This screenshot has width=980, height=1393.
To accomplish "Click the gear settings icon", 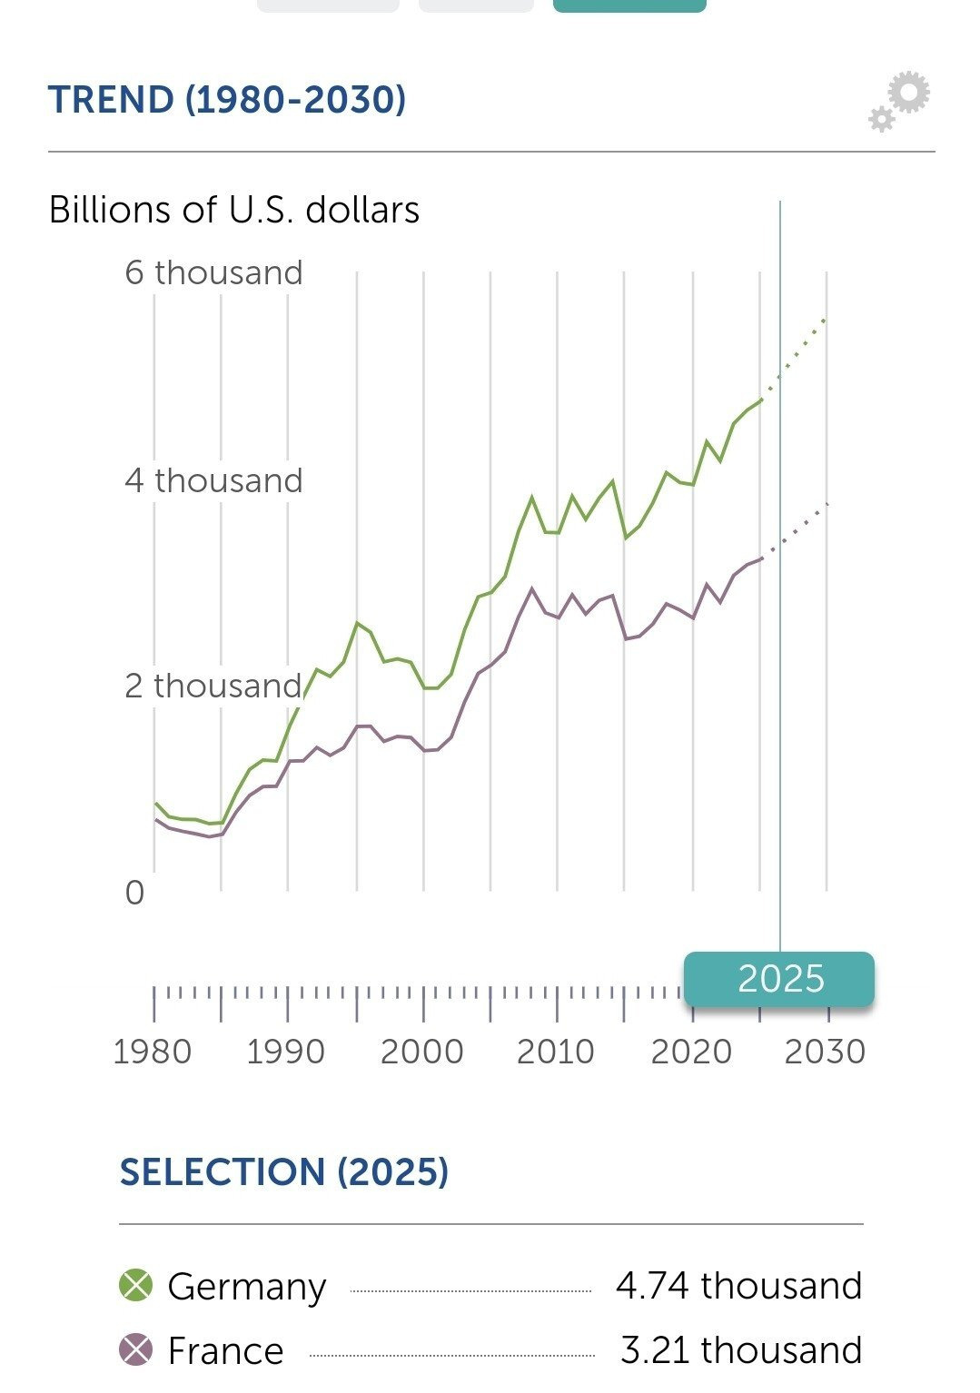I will [x=900, y=101].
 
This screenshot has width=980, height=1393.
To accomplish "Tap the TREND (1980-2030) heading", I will [x=226, y=100].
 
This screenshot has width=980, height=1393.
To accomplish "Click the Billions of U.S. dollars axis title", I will [x=233, y=210].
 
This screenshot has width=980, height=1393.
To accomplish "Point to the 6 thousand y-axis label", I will [x=213, y=272].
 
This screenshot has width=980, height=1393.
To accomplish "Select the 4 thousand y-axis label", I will [x=213, y=480].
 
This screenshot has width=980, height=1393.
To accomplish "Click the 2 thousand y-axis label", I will [x=213, y=686].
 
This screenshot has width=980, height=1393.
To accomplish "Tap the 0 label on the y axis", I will [x=134, y=893].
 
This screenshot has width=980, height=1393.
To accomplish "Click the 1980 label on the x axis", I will [x=152, y=1052].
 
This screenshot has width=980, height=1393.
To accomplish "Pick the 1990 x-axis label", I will [x=285, y=1052].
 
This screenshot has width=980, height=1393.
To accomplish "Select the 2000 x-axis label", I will [x=421, y=1052].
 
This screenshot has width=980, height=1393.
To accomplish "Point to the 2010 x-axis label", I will [x=555, y=1052].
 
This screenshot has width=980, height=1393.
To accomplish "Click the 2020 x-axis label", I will [x=691, y=1052].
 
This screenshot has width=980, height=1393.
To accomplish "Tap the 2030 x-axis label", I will [x=825, y=1052].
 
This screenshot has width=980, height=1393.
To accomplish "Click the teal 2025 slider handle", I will [x=779, y=979].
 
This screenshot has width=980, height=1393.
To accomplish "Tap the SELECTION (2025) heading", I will [x=284, y=1172].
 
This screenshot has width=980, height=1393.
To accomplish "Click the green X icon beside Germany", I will [x=136, y=1285].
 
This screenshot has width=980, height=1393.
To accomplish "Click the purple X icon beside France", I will [x=136, y=1349].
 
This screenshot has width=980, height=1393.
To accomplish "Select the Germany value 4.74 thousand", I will [x=738, y=1286].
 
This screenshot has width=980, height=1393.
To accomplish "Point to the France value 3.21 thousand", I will [x=741, y=1350].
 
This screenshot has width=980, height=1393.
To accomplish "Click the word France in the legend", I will [x=225, y=1351].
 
